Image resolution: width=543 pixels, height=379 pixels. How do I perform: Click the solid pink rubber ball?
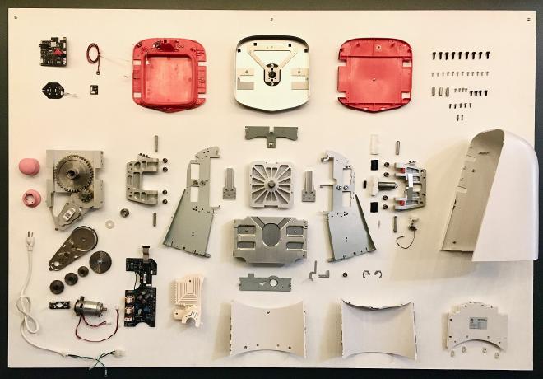29,166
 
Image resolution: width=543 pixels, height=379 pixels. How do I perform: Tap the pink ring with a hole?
32,198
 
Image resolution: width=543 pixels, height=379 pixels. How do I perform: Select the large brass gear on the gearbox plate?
73,172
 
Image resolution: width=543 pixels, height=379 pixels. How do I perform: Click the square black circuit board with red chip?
53,53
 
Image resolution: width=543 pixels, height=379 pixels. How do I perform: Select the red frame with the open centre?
169,73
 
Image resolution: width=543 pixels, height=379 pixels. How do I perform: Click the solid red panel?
374,73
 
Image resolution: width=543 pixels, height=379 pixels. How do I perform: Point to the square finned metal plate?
271,185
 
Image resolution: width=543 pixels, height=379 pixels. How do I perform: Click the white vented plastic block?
188,300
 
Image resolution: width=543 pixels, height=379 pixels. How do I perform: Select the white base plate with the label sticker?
476,325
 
